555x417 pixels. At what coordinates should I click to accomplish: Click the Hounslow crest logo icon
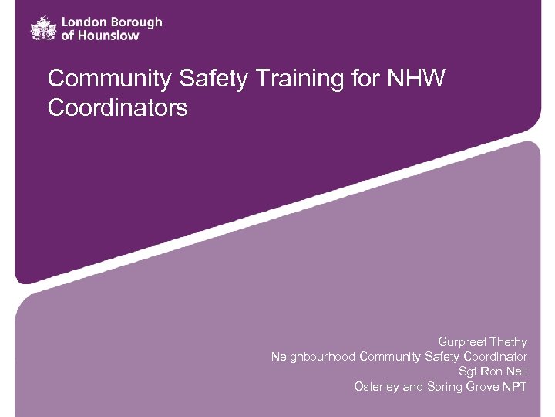[43, 28]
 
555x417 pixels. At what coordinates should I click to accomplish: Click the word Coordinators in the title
[117, 107]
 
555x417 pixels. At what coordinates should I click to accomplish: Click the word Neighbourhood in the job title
[313, 356]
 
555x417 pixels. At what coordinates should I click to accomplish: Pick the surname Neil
[516, 371]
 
